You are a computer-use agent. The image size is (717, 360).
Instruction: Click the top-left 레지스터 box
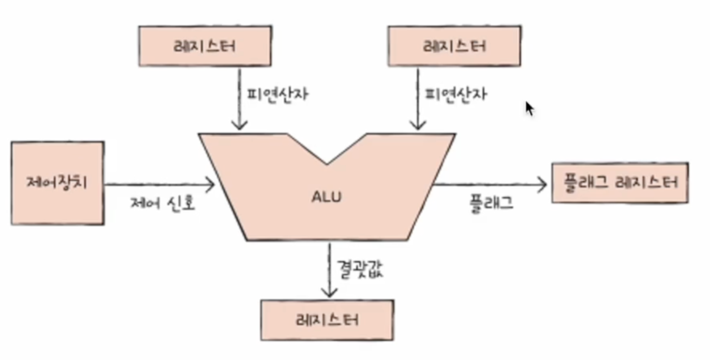point(205,46)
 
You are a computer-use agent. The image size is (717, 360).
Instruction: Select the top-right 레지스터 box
point(454,46)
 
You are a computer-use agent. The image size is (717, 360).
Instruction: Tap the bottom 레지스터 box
point(327,320)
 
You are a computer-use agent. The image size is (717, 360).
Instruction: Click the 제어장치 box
point(57,183)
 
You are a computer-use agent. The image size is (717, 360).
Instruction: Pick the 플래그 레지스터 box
point(620,183)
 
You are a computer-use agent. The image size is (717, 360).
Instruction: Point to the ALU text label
point(326,197)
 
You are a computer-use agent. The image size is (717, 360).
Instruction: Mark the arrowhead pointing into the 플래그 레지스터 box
point(542,185)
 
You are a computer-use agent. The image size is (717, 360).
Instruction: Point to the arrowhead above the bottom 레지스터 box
point(329,292)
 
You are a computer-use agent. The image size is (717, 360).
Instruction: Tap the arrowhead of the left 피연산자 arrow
point(240,125)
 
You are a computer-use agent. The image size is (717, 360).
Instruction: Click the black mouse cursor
point(529,108)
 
